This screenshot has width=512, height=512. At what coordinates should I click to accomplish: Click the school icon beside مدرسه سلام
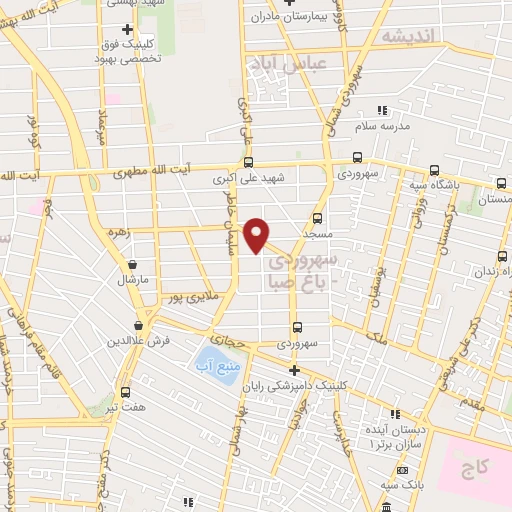coord(380,111)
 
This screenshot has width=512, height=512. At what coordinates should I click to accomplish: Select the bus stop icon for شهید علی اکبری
coord(248,162)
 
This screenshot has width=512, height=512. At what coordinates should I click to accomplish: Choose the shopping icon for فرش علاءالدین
coord(138,325)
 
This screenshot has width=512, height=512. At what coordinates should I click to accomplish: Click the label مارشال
coord(131,280)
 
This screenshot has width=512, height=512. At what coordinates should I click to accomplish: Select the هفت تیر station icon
coord(125,392)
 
